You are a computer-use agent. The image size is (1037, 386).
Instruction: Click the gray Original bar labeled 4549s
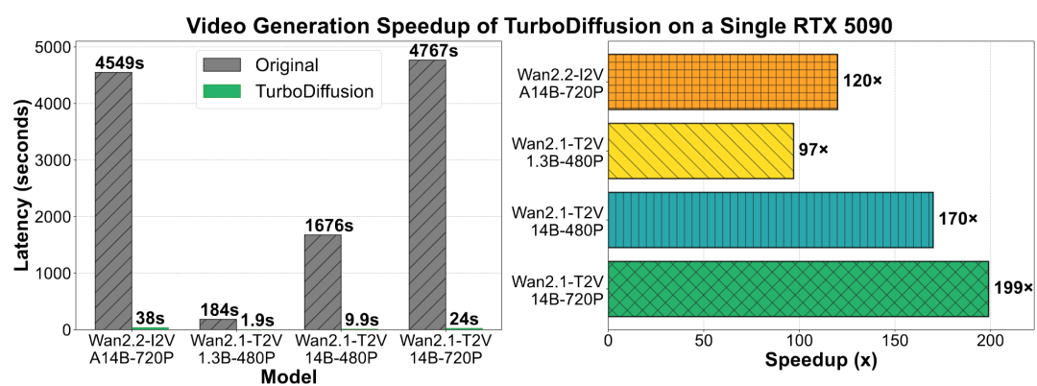point(113,201)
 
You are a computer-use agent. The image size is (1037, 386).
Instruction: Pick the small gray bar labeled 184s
point(218,324)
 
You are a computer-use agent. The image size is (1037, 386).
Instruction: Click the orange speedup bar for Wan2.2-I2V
point(723,82)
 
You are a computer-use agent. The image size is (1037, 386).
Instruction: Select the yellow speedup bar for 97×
point(701,151)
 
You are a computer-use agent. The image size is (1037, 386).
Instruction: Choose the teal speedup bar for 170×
point(770,220)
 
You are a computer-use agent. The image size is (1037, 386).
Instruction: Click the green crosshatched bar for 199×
point(798,289)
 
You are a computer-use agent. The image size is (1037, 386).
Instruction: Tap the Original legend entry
point(259,66)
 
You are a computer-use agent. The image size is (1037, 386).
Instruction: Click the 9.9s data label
point(360,320)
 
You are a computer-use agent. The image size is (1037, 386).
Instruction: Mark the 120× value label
point(862,81)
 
